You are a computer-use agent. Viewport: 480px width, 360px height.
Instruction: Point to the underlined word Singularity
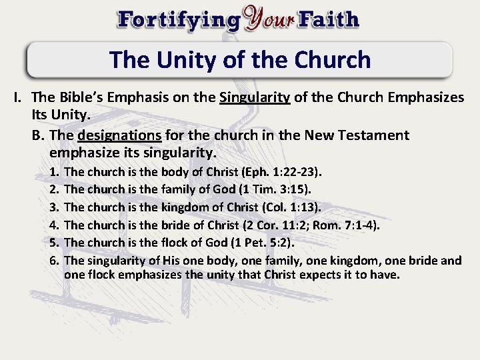click(255, 98)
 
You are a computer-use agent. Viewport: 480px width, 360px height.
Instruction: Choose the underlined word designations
click(120, 135)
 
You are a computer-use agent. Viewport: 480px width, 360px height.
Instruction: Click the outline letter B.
click(39, 135)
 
